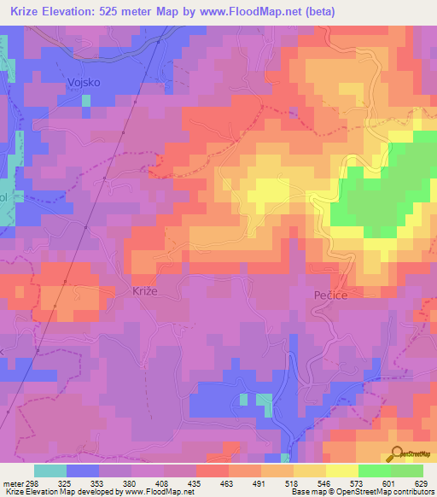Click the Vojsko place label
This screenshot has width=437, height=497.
click(x=84, y=82)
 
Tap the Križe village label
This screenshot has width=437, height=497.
click(x=145, y=290)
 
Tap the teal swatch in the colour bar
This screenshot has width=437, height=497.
click(x=50, y=471)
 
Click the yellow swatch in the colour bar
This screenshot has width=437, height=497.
click(x=341, y=471)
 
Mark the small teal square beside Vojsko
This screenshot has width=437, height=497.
click(x=86, y=100)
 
